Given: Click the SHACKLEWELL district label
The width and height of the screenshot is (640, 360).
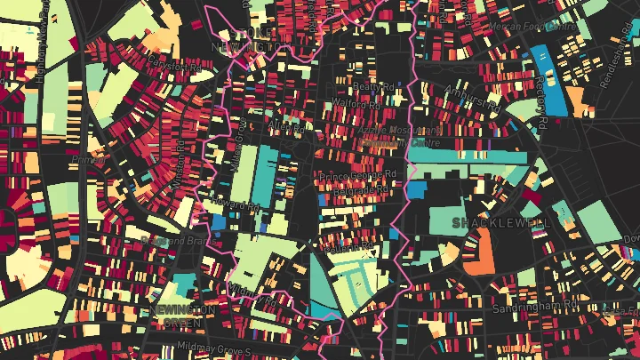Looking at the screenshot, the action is [x=501, y=222].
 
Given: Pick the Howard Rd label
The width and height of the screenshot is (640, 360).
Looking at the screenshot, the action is [x=239, y=207].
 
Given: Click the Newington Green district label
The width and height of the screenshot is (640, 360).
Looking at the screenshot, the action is [x=181, y=315].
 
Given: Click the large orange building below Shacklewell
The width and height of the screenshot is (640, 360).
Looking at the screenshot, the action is [x=478, y=250].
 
